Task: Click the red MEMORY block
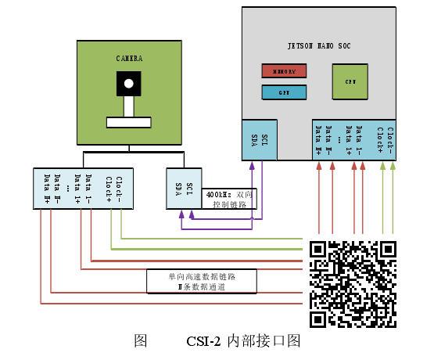tap(283, 71)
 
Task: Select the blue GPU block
tap(283, 92)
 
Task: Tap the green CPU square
tap(350, 81)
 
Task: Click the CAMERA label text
tap(128, 59)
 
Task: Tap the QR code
tap(353, 283)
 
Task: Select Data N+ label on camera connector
tap(47, 188)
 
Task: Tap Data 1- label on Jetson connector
tap(359, 137)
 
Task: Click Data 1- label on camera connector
tap(88, 188)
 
